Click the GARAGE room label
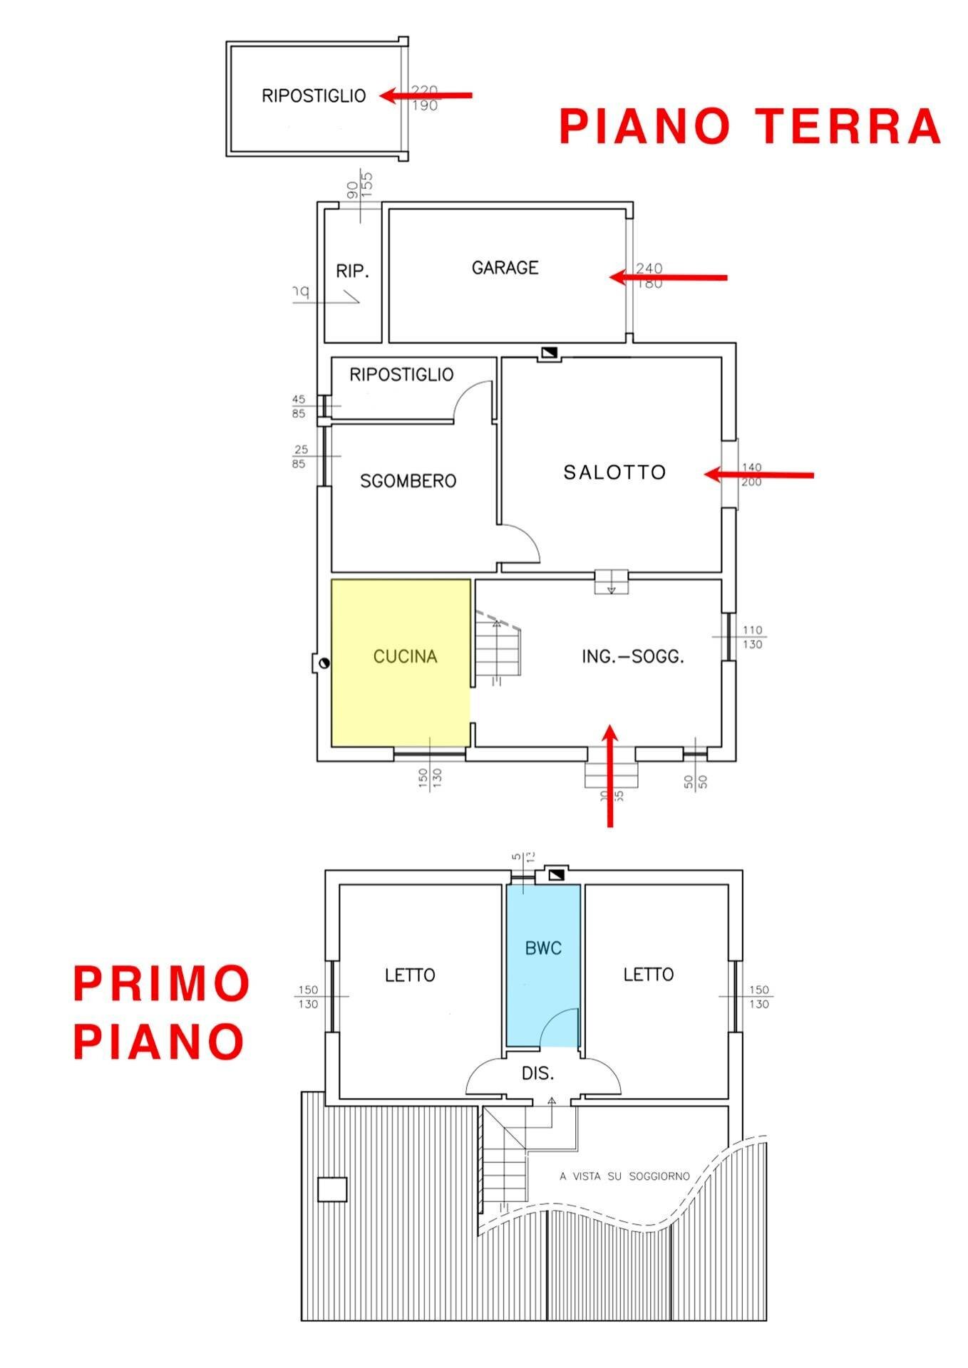pos(505,268)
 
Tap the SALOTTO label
pos(614,472)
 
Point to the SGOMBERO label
pos(408,481)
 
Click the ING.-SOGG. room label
pos(633,657)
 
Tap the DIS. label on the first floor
pos(538,1073)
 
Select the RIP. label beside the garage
pos(352,271)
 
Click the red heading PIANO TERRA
pos(750,126)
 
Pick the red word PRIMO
pos(161,983)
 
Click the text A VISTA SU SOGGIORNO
pos(624,1176)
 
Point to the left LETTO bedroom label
pos(410,975)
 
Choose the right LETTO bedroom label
pos(649,974)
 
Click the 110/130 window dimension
pos(752,637)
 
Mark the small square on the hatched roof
pos(332,1189)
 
